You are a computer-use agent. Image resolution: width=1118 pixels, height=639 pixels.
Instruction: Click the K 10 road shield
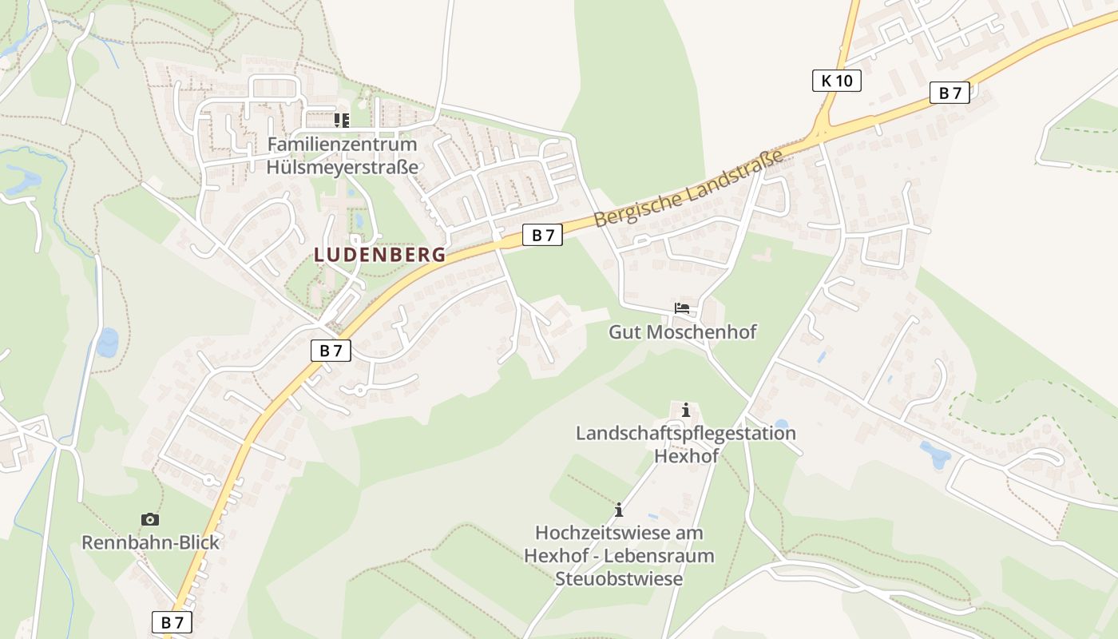836,80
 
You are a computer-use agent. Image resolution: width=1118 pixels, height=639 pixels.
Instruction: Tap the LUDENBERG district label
380,255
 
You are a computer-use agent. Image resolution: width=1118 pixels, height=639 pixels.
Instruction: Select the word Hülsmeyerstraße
342,167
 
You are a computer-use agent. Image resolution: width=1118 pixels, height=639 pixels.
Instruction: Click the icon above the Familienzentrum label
342,121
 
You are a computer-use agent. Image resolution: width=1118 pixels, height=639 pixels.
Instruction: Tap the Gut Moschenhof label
682,331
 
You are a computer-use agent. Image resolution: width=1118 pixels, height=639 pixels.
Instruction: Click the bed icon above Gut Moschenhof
682,308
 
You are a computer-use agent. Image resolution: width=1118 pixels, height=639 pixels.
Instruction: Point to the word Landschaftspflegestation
686,433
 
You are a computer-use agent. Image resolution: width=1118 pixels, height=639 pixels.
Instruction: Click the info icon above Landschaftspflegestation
685,411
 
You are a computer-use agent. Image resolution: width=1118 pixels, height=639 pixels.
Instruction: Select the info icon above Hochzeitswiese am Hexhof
618,510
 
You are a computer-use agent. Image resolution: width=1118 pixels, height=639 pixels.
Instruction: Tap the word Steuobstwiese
619,578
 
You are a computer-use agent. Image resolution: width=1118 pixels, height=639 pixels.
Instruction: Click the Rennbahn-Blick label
150,542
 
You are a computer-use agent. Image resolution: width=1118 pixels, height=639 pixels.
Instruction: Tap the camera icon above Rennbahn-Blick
149,520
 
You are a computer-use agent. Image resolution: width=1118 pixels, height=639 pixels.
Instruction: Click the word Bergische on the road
636,204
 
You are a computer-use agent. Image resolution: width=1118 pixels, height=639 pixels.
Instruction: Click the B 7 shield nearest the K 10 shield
950,93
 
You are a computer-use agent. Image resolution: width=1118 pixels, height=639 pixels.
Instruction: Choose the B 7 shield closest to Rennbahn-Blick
172,622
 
